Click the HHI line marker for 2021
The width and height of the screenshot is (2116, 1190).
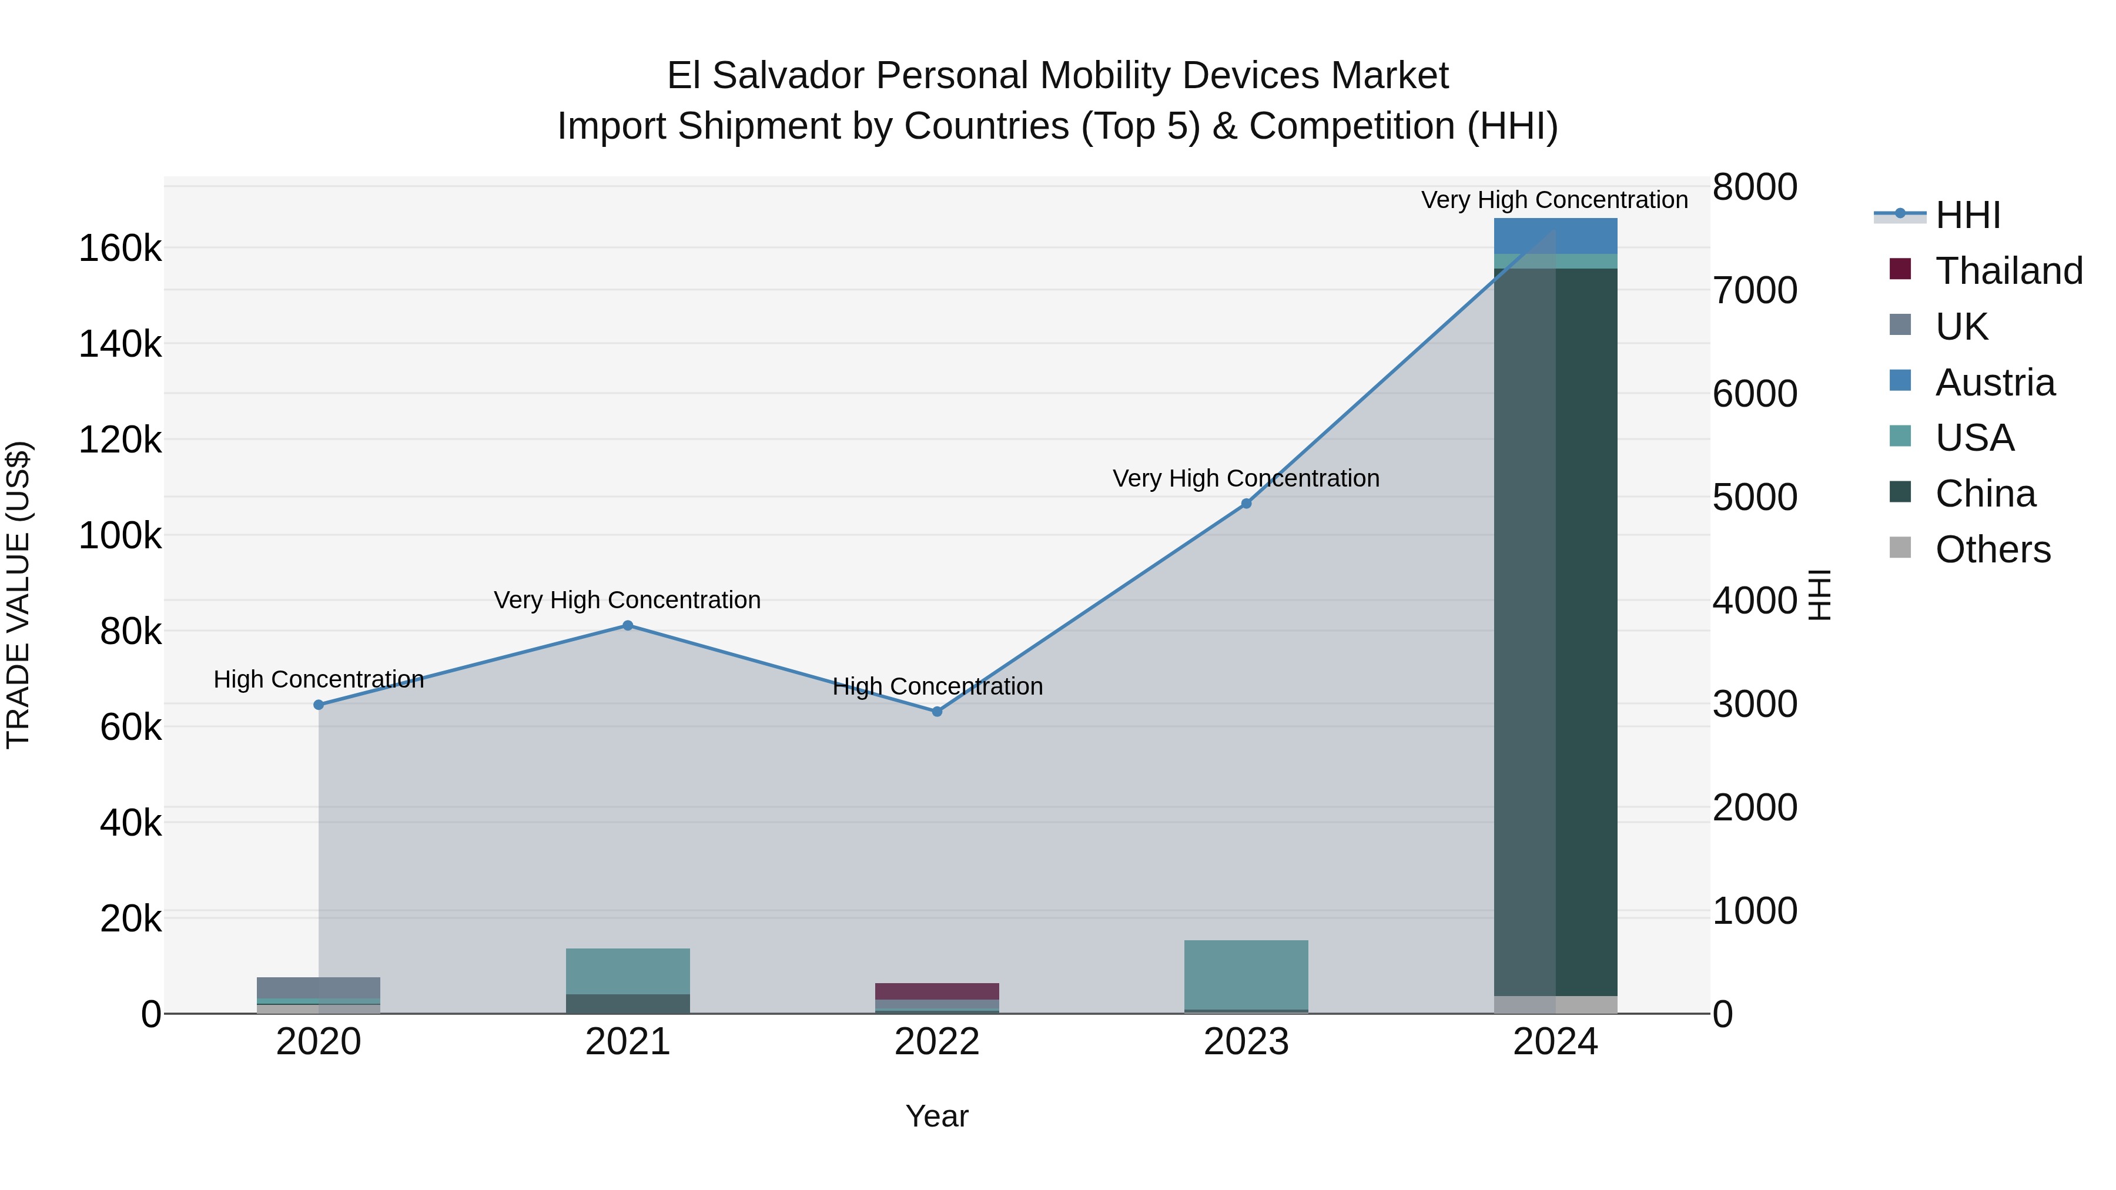pos(628,625)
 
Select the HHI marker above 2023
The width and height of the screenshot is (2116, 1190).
pos(1246,504)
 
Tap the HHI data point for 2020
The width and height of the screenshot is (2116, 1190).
pos(319,705)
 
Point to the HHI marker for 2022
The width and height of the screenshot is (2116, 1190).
pos(938,711)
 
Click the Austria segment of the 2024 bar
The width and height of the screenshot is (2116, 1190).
pos(1555,236)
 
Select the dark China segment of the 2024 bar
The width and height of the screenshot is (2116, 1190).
pos(1555,632)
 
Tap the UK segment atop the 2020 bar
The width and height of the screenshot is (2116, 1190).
pos(319,987)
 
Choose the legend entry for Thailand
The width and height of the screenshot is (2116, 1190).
pos(2008,271)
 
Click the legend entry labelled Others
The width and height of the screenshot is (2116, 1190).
pos(1993,549)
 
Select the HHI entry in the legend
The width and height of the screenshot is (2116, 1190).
pos(1967,215)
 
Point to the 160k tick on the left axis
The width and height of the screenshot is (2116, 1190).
pos(120,248)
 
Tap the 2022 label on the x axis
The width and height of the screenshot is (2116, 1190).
pos(938,1042)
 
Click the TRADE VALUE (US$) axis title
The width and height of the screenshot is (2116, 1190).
pos(18,595)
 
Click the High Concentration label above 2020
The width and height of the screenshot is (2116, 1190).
pos(319,679)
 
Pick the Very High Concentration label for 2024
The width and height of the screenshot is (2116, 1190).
pos(1554,200)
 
